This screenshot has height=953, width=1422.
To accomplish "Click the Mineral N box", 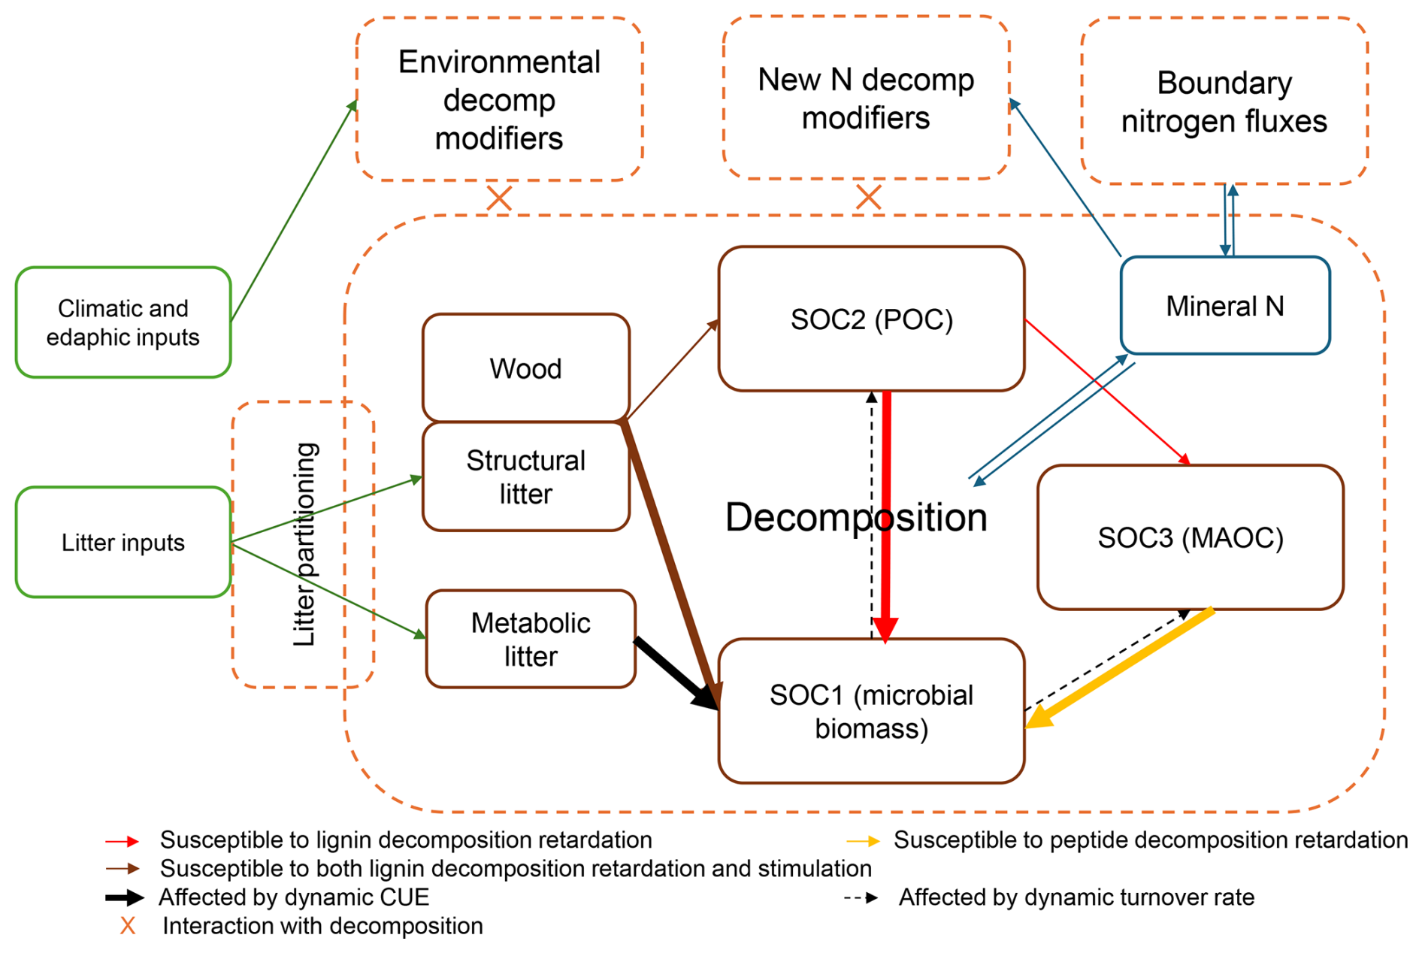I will coord(1224,306).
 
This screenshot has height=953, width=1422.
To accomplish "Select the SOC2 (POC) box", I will coord(871,319).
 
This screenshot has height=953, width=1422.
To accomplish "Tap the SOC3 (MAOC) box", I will coord(1190,537).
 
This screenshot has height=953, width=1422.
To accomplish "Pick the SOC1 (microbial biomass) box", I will coord(871,711).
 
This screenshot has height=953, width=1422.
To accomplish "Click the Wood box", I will coord(525,368).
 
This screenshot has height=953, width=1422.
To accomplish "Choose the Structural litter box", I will coord(525,476).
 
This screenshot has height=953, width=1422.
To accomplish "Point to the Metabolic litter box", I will coord(530,639).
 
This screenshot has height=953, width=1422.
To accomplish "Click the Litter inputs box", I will coord(123,543).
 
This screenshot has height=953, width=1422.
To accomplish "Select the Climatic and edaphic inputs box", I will coord(123,322).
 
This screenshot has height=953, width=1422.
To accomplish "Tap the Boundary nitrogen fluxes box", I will coord(1224,101).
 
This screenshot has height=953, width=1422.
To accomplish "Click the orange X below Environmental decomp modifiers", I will coord(499,199).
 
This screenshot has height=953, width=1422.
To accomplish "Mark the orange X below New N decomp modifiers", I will coord(868,198).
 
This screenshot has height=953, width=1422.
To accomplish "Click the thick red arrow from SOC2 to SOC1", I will coord(887,511).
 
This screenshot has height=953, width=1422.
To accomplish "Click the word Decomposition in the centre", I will coord(855,517).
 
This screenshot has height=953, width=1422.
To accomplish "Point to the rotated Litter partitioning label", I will coord(304,544).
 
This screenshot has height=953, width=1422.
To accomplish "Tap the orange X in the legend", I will coord(128,926).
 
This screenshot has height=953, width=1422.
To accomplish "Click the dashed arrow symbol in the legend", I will coord(861,897).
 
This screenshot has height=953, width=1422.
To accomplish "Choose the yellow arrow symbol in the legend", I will coord(863,841).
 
